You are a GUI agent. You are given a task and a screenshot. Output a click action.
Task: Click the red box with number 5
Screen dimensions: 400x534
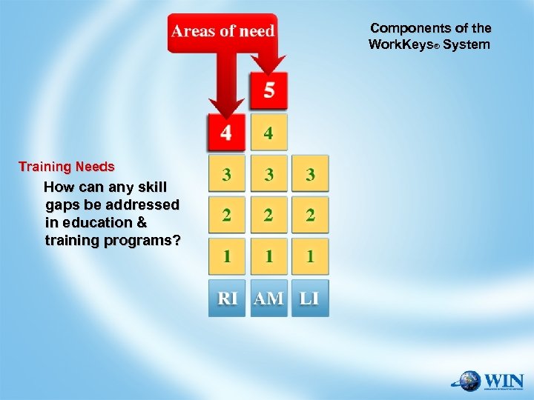(268, 91)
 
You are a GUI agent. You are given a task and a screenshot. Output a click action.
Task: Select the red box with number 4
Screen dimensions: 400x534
(226, 133)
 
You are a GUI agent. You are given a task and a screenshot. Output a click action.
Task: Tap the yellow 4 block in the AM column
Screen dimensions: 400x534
(268, 133)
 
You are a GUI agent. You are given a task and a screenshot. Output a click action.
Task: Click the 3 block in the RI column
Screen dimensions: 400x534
(226, 175)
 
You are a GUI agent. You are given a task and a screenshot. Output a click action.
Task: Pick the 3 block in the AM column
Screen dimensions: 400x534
(268, 175)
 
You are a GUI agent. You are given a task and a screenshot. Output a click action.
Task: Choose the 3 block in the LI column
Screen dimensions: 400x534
(310, 175)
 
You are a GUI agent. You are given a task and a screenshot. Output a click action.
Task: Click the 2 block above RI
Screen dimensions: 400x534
(226, 216)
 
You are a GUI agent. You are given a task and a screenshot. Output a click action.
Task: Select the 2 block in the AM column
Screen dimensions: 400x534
(268, 216)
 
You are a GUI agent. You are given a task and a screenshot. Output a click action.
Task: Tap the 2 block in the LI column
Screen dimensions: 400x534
(310, 216)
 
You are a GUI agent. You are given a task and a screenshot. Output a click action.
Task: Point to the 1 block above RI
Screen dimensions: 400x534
(226, 257)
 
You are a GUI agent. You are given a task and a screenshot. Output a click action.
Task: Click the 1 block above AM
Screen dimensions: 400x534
(268, 257)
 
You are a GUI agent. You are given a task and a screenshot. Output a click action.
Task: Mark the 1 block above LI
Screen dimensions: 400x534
(310, 257)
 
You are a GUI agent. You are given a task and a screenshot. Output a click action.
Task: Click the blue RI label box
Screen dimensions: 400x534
(226, 299)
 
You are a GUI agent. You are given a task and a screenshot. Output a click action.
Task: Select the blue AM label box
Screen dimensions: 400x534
(268, 299)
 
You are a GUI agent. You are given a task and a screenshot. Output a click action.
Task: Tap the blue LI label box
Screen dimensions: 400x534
(310, 299)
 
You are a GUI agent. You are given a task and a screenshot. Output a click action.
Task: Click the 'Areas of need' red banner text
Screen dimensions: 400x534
(222, 31)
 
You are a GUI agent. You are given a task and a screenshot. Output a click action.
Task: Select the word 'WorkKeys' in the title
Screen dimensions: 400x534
(399, 44)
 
